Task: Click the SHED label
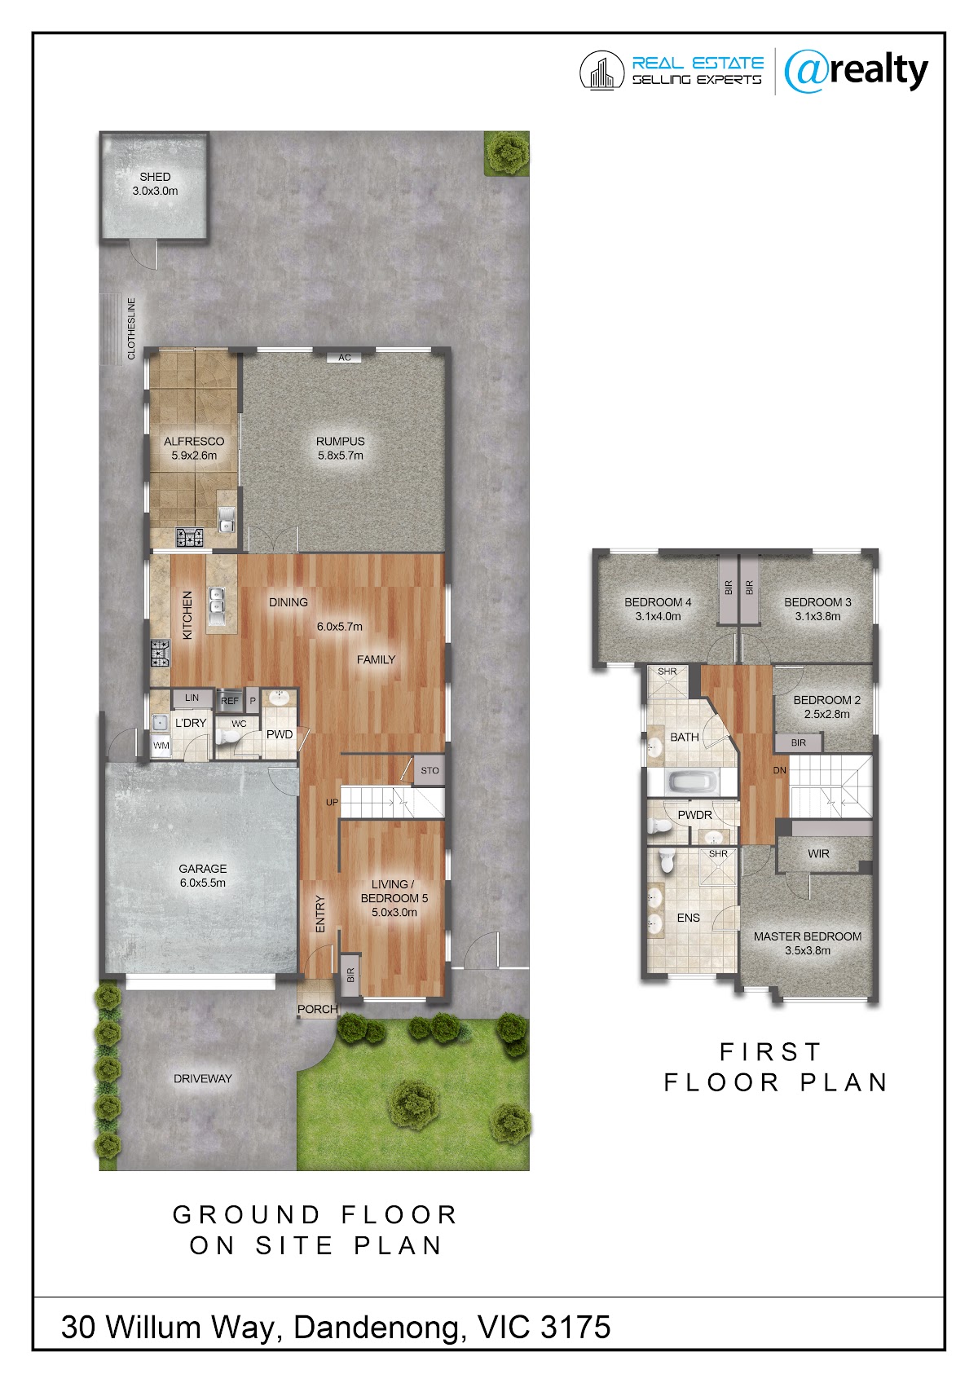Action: click(x=154, y=177)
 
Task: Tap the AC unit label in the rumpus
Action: click(x=345, y=358)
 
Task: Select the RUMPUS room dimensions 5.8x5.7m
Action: click(x=340, y=456)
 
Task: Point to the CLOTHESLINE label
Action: click(x=131, y=328)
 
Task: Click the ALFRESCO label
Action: click(x=194, y=442)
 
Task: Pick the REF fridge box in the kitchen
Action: click(x=230, y=700)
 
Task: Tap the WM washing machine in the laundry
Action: click(x=161, y=745)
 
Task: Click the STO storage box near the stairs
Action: click(x=430, y=770)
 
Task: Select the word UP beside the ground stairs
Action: click(x=333, y=802)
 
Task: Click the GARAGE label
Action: click(x=202, y=869)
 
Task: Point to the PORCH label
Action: click(x=317, y=1009)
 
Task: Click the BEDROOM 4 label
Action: click(x=658, y=602)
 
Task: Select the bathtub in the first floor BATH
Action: click(x=692, y=783)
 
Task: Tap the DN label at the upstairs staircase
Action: click(x=780, y=770)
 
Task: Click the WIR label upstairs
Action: click(x=819, y=854)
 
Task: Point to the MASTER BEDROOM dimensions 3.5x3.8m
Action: click(x=808, y=951)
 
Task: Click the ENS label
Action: click(x=689, y=918)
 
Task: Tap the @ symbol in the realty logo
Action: click(x=806, y=73)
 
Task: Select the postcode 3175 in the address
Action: click(x=575, y=1328)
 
